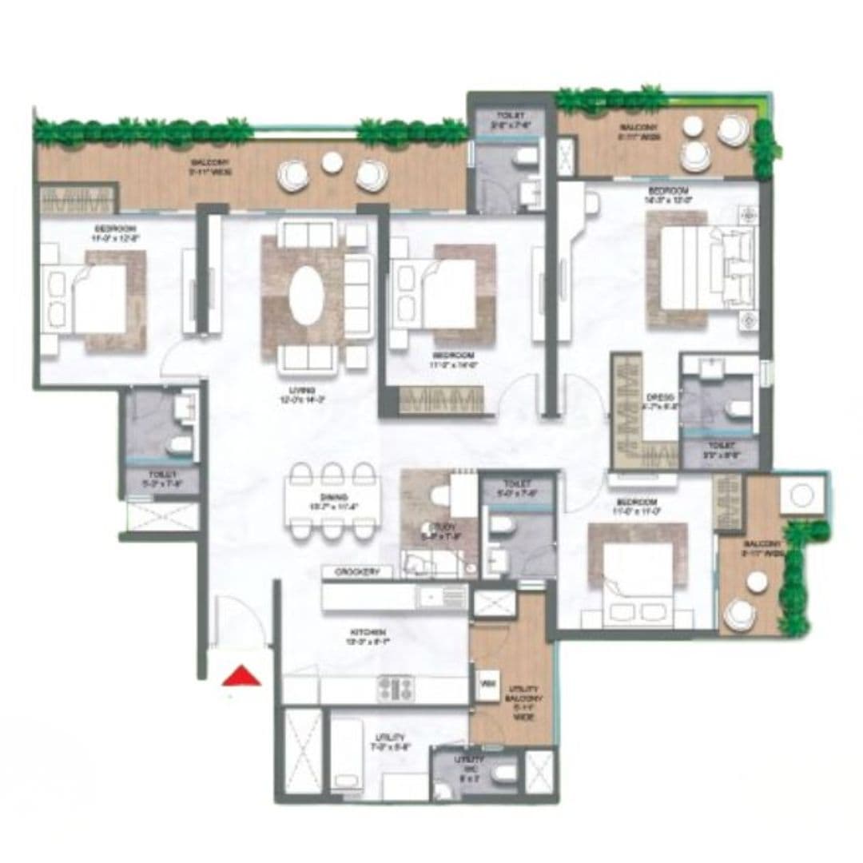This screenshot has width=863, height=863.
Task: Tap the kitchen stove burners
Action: [396, 688]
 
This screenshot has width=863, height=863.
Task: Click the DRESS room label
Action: [663, 397]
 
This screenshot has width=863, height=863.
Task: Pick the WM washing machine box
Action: [486, 684]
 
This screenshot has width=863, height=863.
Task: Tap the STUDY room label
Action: [438, 527]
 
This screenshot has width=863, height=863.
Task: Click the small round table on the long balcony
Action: [332, 162]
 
